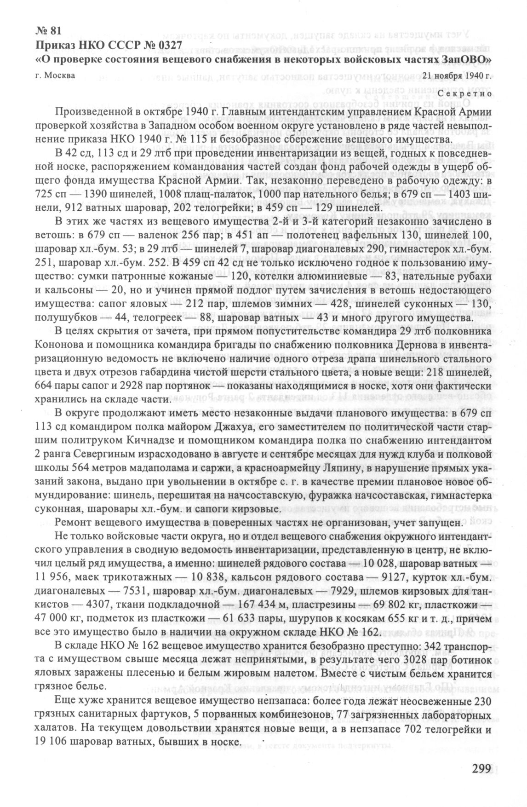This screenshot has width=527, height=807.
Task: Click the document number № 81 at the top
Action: click(48, 31)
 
